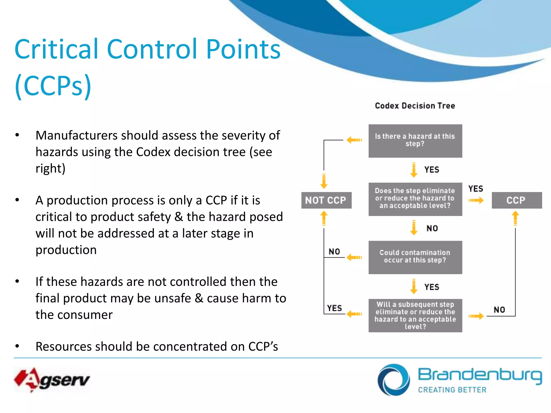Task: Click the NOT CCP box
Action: coord(326,200)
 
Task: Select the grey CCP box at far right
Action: coord(516,200)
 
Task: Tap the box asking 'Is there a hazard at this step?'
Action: coord(415,141)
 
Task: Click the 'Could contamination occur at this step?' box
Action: coord(415,257)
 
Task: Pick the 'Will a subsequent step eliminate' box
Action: coord(415,315)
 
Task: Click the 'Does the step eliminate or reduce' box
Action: coord(415,199)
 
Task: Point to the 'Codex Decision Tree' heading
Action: coord(415,106)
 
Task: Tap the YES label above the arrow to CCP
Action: coord(475,189)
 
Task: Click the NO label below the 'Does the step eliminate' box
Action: coord(432,229)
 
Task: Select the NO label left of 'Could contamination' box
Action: coord(334,252)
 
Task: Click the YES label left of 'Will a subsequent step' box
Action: coord(334,308)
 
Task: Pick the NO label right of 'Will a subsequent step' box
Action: coord(499,310)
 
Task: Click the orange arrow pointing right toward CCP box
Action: coord(476,200)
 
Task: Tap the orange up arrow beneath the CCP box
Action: coord(515,218)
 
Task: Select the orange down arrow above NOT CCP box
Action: coord(324,181)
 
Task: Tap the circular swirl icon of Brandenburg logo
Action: coord(393,380)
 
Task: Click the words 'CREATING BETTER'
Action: coord(452,390)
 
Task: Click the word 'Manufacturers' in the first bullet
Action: coord(76,135)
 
